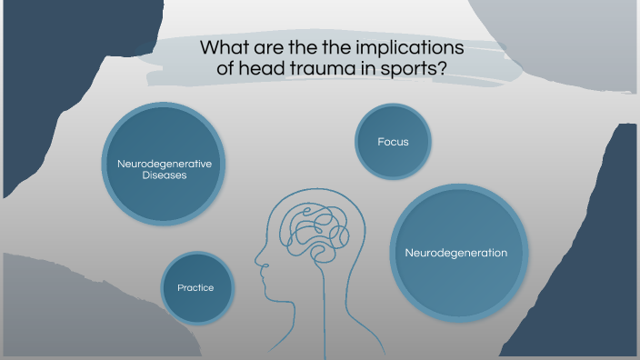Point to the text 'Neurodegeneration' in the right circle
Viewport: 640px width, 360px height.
[455, 252]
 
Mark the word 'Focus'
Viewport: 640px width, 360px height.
[393, 142]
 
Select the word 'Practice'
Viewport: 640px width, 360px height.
[195, 287]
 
